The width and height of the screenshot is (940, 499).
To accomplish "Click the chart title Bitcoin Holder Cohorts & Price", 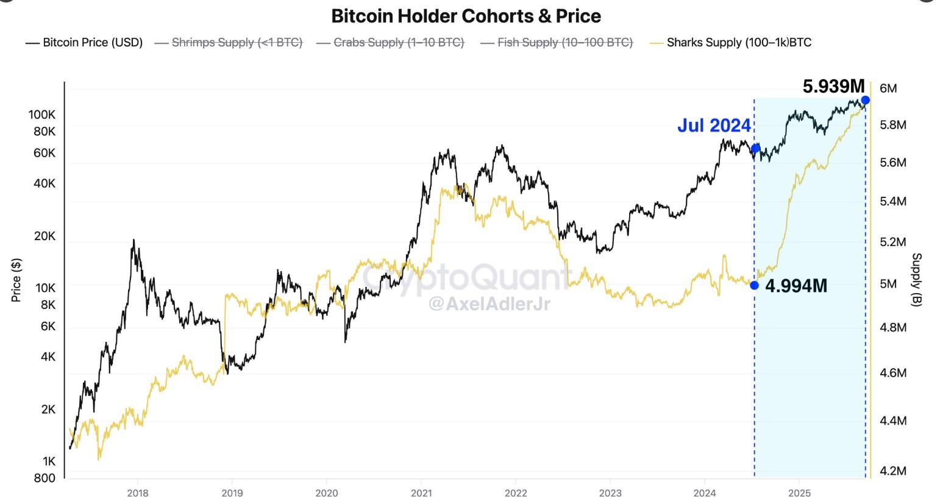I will tap(466, 16).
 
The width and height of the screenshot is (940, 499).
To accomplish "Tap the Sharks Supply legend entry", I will tap(731, 43).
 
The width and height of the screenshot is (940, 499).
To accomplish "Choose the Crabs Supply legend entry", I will tap(391, 43).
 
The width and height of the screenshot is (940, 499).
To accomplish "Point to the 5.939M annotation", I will tap(833, 87).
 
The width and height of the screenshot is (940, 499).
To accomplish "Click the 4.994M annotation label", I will tap(796, 286).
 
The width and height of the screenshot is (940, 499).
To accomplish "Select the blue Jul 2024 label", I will tap(714, 126).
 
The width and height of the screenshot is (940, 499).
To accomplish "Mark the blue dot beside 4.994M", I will tap(755, 285).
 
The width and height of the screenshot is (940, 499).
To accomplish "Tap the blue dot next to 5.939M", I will tap(865, 100).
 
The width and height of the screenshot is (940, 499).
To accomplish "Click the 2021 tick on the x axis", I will tap(421, 493).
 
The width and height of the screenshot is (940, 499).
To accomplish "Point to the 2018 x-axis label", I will tap(138, 493).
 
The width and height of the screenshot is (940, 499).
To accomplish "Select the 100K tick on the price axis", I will tap(42, 115).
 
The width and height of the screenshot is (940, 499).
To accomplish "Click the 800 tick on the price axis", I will tap(45, 478).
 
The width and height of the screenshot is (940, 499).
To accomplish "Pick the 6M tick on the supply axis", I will tap(888, 88).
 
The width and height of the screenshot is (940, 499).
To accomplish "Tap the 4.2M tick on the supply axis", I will tap(893, 471).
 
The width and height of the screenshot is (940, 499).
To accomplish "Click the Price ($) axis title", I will tap(16, 280).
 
